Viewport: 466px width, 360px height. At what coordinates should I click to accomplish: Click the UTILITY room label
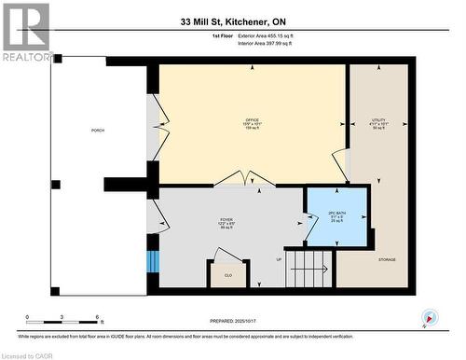(378, 120)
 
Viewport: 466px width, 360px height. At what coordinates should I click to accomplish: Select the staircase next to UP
(310, 269)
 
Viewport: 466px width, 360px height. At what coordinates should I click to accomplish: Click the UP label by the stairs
(278, 259)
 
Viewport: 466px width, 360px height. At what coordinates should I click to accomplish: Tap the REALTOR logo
(26, 32)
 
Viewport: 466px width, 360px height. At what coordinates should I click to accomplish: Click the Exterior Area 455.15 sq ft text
(265, 35)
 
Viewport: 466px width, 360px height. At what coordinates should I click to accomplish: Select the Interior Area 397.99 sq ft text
(265, 43)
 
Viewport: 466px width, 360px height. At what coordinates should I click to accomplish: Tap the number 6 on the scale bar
(99, 318)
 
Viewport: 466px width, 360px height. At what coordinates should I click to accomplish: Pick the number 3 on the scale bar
(62, 318)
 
